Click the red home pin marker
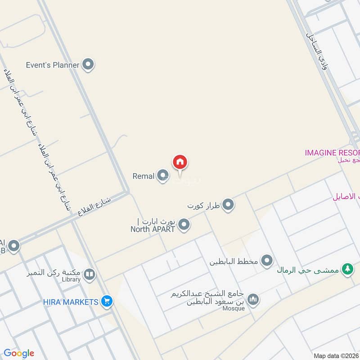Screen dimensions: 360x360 pos(180,162)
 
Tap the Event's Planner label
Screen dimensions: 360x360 pos(53,65)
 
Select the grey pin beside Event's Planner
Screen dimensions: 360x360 pos(88,65)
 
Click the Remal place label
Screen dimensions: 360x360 pos(144,176)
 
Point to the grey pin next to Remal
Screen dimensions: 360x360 pos(162,176)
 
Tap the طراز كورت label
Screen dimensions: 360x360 pos(203,205)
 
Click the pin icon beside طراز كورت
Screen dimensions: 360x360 pos(229,205)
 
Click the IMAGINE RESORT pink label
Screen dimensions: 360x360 pos(332,153)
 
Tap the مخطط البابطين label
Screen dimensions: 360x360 pos(233,261)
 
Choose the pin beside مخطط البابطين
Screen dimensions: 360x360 pos(267,260)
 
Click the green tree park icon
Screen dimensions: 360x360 pos(346,269)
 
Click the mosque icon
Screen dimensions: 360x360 pos(253,300)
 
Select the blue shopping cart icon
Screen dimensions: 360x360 pos(107,301)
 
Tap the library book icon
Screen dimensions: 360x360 pos(90,274)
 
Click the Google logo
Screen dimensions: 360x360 pos(19,353)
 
